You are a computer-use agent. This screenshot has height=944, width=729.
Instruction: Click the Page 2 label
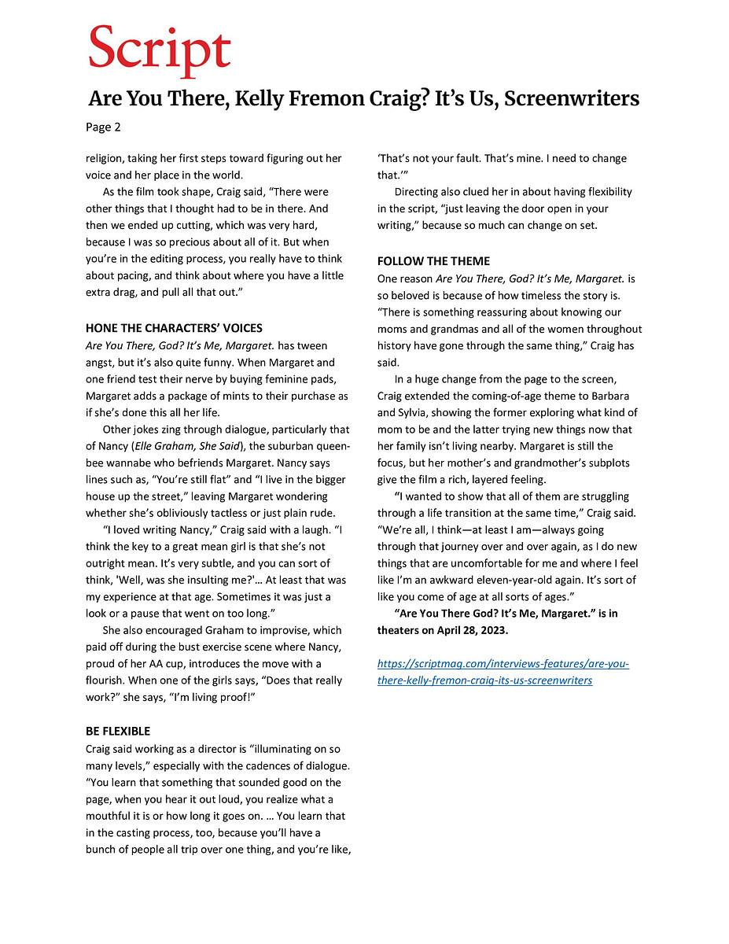(x=104, y=127)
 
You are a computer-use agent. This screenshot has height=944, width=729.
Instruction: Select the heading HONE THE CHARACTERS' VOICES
(x=174, y=328)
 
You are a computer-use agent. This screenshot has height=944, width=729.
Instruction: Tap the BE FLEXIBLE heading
(x=118, y=731)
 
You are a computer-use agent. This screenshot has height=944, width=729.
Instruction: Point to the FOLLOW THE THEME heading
(x=433, y=261)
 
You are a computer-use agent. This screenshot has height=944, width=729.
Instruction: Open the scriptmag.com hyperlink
(x=503, y=672)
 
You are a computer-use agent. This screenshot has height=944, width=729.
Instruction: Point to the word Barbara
(x=609, y=396)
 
